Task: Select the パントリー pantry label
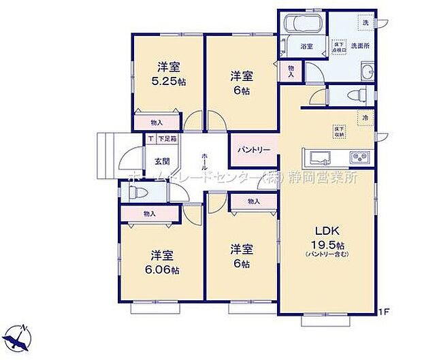tap(254, 150)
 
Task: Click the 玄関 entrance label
tap(161, 161)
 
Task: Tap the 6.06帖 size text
tap(162, 270)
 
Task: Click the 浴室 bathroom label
tap(306, 46)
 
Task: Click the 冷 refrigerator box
tap(366, 118)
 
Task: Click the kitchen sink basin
tap(319, 159)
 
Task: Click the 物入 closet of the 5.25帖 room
tap(157, 122)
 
